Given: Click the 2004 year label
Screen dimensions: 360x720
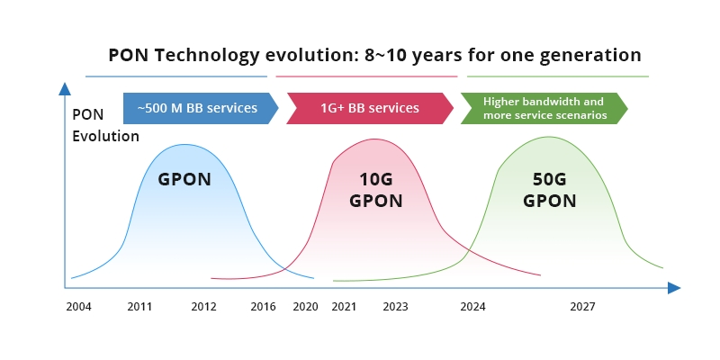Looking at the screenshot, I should pos(78,306).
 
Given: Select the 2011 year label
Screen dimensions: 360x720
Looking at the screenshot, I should pos(139,306).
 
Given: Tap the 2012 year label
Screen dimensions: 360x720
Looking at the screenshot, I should pos(204,306).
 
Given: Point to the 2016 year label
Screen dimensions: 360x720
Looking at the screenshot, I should pos(263,306).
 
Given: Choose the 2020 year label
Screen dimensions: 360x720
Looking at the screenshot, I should pos(305,306).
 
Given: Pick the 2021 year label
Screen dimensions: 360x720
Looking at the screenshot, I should pos(344,306).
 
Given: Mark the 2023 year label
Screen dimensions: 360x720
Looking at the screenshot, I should pos(395,306).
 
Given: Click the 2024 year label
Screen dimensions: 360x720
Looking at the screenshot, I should pos(472,306).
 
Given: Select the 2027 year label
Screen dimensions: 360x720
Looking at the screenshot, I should pos(582,306).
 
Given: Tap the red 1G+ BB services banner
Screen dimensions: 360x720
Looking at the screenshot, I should pos(369,108).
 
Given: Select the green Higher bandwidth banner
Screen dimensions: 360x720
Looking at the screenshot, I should pos(543,108).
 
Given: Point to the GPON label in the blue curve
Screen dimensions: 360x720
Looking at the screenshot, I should pos(184,179).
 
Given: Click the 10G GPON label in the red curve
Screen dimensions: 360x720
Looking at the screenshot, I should pos(375,189).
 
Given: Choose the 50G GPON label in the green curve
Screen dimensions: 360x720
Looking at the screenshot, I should pos(549,189).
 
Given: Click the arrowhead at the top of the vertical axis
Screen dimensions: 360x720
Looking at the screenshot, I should pos(64,88).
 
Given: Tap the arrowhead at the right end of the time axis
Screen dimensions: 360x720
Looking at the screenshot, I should pos(674,288).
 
